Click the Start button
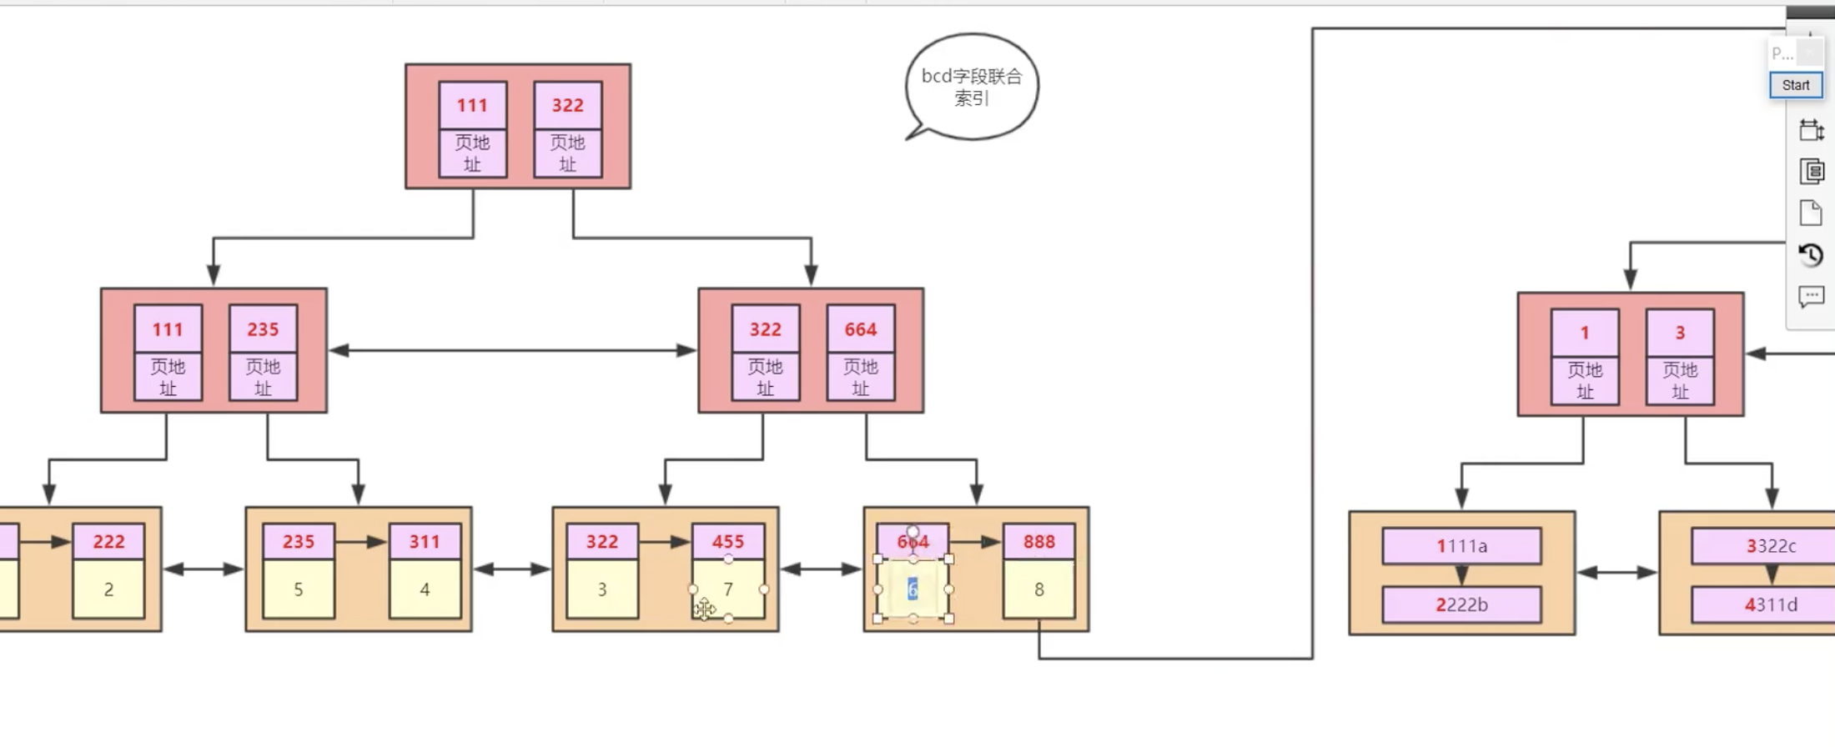coord(1795,85)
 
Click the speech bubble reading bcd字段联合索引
coord(972,87)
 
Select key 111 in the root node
coord(472,105)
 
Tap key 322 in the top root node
coord(567,105)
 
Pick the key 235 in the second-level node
coord(263,329)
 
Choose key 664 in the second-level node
coord(860,329)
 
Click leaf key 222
coord(108,542)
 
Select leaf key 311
coord(425,542)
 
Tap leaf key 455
coord(727,542)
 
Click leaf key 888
coord(1038,542)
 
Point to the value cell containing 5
coord(299,589)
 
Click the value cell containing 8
coord(1038,589)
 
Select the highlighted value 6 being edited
coord(912,589)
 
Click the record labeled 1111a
coord(1461,546)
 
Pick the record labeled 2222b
coord(1461,604)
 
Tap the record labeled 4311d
coord(1770,604)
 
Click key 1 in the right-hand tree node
coord(1585,333)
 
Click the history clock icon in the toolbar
coord(1810,254)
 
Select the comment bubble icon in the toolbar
coord(1810,296)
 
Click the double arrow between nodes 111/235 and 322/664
coord(512,351)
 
